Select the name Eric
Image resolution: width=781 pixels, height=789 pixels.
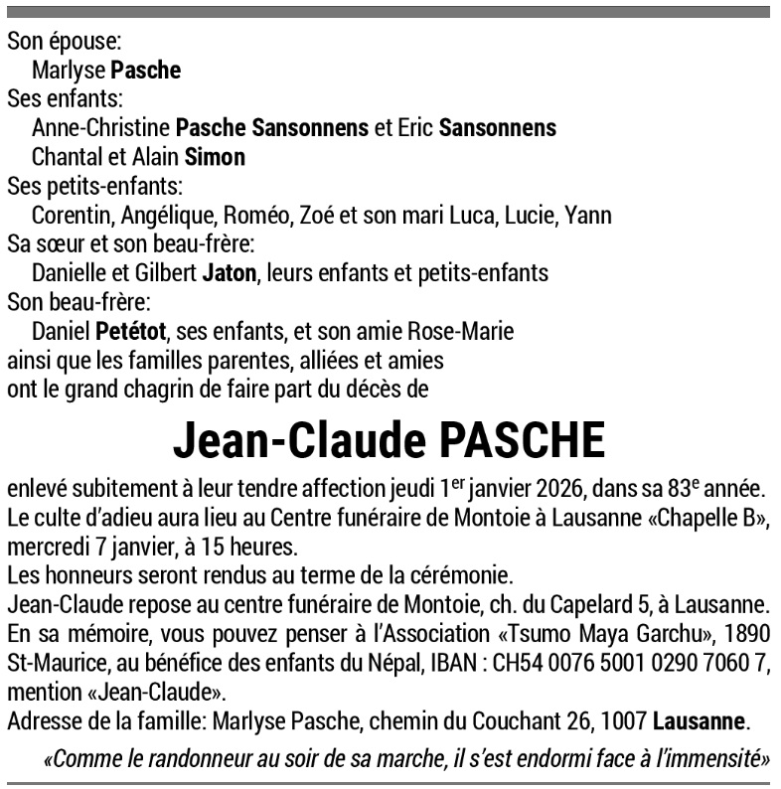pyautogui.click(x=415, y=128)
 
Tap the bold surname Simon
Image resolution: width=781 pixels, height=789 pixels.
pyautogui.click(x=216, y=158)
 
